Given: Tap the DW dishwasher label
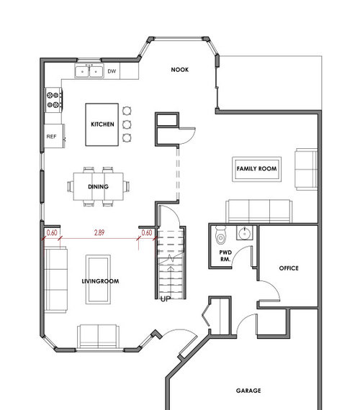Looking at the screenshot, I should coord(112,71).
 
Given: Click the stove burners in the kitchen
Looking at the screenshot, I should coord(53,100).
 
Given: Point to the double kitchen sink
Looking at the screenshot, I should coord(90,71).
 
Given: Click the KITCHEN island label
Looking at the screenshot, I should coord(102,124).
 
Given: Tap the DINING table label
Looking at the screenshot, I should coord(99,187).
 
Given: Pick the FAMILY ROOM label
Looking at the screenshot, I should coord(257,168).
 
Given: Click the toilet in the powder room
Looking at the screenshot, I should coord(221,235).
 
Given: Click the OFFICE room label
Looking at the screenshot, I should coord(288,268).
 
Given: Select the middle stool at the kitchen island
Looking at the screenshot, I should coord(127,124).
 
